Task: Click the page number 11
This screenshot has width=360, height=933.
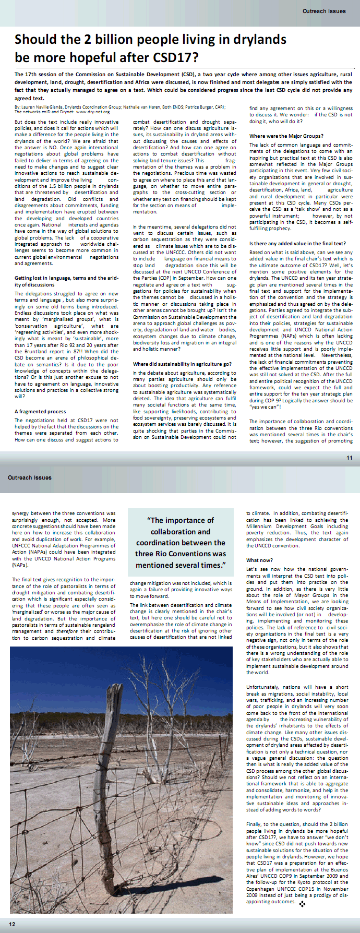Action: tap(349, 458)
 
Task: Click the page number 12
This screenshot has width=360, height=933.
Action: tap(11, 924)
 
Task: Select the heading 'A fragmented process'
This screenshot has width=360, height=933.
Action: tap(40, 411)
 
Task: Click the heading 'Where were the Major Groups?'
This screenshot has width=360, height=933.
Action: tap(286, 136)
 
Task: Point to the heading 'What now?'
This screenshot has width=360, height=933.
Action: tap(259, 560)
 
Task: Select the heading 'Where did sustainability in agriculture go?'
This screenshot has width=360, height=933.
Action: tap(182, 364)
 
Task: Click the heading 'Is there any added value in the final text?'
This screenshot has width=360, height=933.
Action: tap(297, 244)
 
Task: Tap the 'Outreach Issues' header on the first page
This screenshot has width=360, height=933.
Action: tap(323, 10)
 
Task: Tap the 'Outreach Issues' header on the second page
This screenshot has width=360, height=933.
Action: tap(29, 477)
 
